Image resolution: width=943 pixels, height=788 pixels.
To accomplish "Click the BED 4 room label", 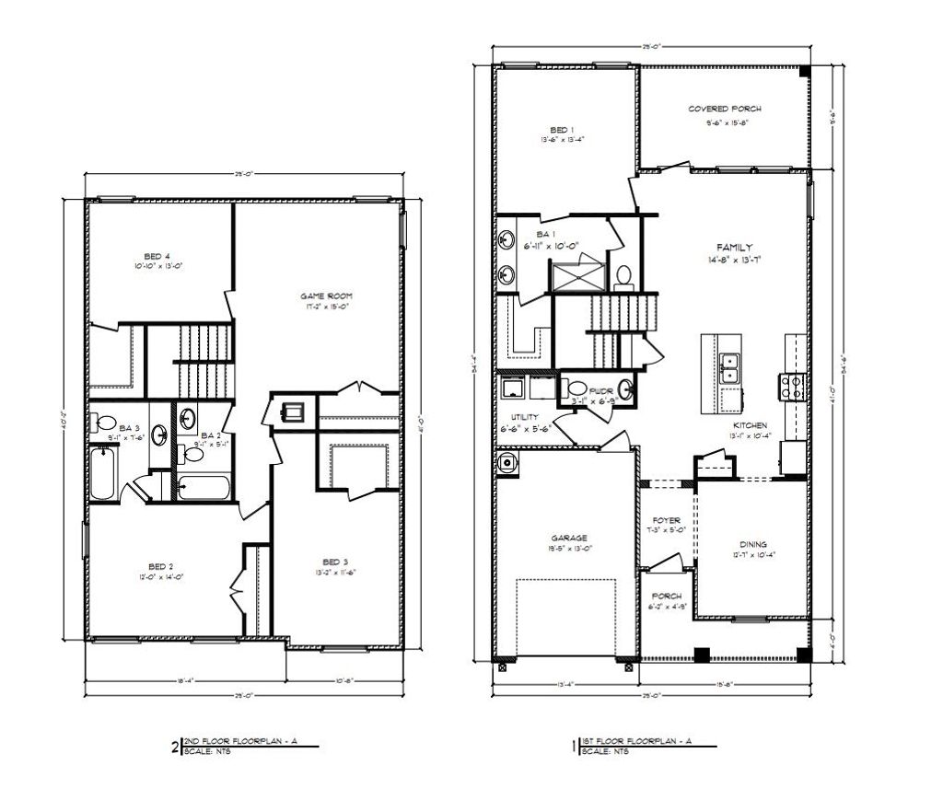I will click(157, 256).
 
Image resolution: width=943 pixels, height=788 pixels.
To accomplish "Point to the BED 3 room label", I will click(335, 562).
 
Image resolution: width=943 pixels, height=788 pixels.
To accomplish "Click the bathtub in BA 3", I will click(105, 473).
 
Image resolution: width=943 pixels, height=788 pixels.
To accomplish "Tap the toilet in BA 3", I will click(104, 424).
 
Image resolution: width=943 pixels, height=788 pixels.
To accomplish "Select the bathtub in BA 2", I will click(208, 485).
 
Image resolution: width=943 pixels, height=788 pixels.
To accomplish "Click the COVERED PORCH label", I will click(725, 109).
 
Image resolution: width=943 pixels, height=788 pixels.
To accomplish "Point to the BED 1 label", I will click(563, 130).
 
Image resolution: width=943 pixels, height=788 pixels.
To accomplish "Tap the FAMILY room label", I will click(735, 247).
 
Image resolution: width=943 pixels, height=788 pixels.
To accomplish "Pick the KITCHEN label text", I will click(750, 425).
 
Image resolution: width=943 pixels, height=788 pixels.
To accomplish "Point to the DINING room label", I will click(753, 544).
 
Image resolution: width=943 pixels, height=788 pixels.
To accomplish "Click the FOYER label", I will click(666, 520).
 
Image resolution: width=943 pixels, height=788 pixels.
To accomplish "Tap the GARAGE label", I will click(570, 538).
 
